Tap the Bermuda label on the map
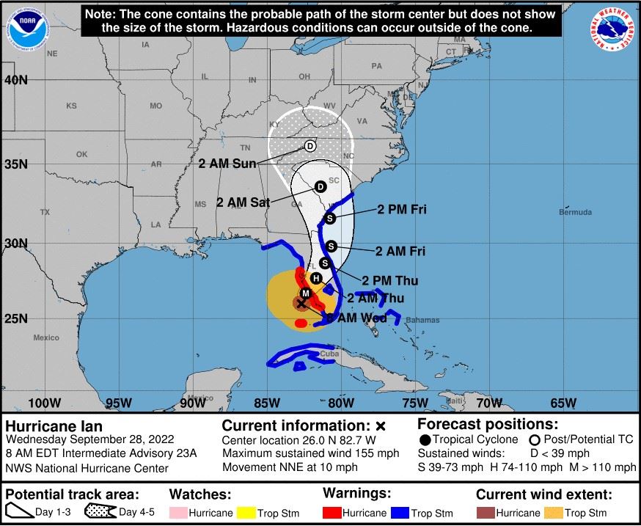575,213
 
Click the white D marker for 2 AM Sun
309,147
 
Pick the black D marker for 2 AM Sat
320,187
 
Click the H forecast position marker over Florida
315,278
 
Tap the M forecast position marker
306,293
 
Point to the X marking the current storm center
301,302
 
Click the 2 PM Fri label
402,210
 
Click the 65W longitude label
563,402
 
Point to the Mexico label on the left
45,337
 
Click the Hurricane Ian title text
54,426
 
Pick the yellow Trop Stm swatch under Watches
252,513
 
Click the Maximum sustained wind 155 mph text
310,453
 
